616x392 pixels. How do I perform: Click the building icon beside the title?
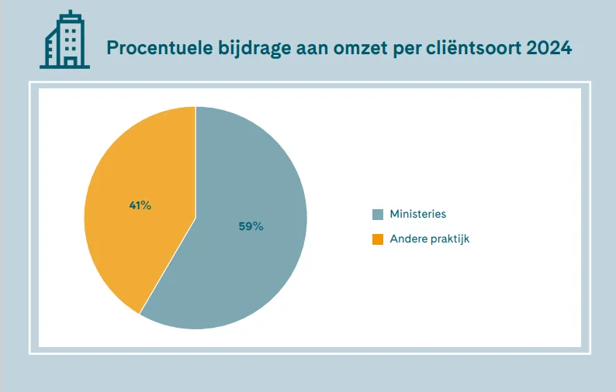point(64,40)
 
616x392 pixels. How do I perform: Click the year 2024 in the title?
point(549,48)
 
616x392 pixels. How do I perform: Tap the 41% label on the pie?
point(140,205)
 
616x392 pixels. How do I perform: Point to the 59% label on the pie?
point(251,226)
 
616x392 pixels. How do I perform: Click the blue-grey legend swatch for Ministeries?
point(378,215)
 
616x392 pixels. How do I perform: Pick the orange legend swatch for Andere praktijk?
point(378,239)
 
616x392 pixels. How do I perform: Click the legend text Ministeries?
point(418,214)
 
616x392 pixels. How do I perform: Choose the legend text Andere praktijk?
point(430,239)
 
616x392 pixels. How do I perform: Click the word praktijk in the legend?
point(448,239)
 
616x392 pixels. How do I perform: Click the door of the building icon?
point(71,62)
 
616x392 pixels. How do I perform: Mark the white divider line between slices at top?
point(196,162)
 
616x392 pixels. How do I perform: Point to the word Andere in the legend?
point(407,239)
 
